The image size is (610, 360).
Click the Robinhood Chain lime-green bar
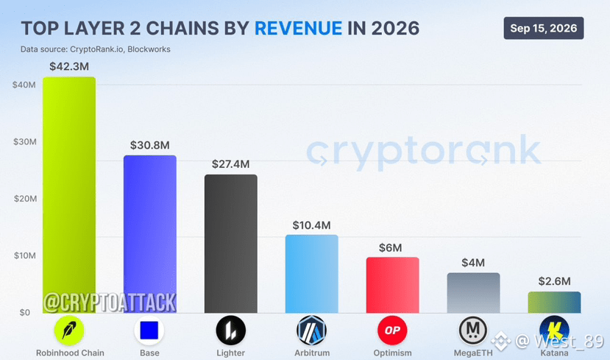coord(69,195)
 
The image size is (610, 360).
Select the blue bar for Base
coord(150,234)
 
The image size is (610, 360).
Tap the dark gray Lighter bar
coord(231,244)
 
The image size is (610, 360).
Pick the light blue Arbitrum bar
coord(311,274)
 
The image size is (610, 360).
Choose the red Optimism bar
coord(392,285)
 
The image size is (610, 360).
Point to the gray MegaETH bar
coord(473,293)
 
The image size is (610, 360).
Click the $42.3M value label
coord(69,66)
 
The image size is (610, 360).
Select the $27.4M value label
coord(231,164)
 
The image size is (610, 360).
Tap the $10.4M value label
coord(311,225)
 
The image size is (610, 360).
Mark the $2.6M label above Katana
coord(554,281)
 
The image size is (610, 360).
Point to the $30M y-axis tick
coord(25,141)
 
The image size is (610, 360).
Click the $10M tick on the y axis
coord(25,255)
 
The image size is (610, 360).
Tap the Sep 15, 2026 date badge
coord(544,28)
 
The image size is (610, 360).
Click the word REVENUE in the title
coord(299,29)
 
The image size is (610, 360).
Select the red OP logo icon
coord(392,331)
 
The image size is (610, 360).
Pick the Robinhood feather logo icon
coord(69,331)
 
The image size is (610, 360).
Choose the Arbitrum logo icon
coord(311,331)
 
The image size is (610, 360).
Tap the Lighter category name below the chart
coord(231,353)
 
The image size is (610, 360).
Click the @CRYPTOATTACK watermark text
coord(110,303)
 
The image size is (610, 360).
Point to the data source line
coord(96,49)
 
